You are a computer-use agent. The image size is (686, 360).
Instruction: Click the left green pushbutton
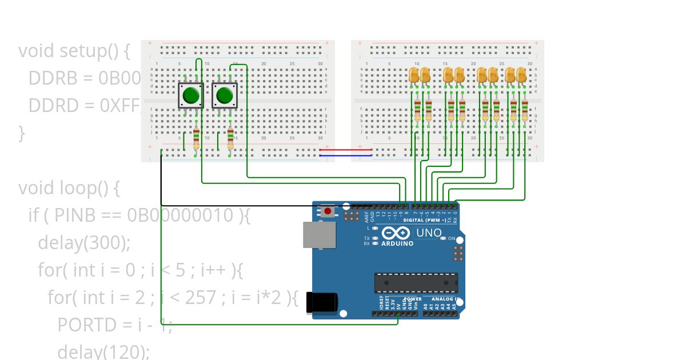pyautogui.click(x=190, y=95)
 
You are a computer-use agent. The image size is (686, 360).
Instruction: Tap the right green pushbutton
pyautogui.click(x=225, y=95)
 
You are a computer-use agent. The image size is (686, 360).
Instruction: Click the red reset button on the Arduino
pyautogui.click(x=328, y=211)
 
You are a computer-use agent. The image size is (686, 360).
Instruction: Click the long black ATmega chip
pyautogui.click(x=416, y=283)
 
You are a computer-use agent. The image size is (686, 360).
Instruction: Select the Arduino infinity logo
pyautogui.click(x=396, y=233)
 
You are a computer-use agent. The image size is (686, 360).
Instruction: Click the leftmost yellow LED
pyautogui.click(x=414, y=74)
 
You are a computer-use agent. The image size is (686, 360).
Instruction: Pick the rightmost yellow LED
pyautogui.click(x=521, y=74)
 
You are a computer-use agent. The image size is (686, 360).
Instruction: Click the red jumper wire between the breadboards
pyautogui.click(x=345, y=150)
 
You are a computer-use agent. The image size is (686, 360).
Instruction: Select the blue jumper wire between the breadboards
pyautogui.click(x=345, y=155)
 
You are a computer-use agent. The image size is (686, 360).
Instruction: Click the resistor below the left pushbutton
pyautogui.click(x=196, y=138)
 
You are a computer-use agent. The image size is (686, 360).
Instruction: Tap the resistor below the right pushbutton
pyautogui.click(x=230, y=138)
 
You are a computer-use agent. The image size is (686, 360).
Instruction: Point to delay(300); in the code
pyautogui.click(x=84, y=243)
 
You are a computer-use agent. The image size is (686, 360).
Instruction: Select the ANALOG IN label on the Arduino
pyautogui.click(x=446, y=299)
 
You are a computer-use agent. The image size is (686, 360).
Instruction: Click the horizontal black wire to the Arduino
pyautogui.click(x=240, y=205)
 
